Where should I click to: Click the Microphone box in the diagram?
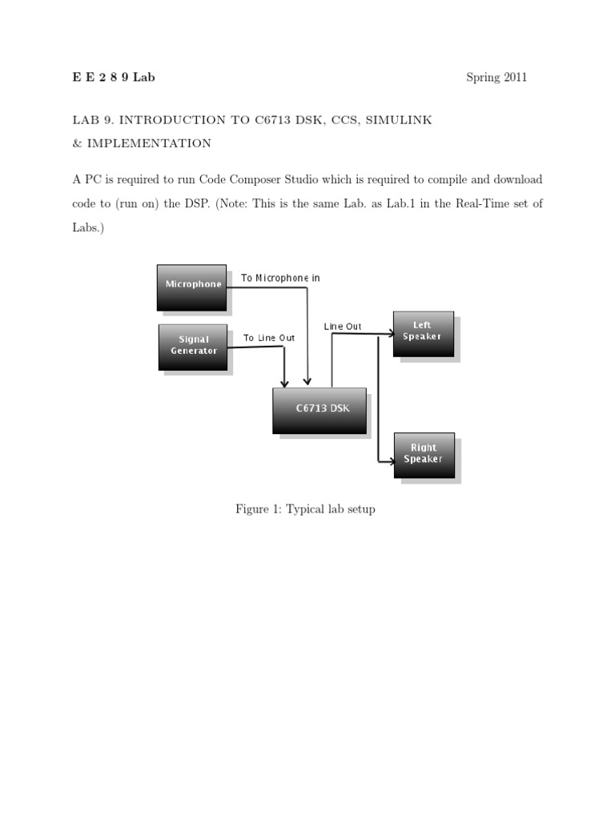[x=192, y=287]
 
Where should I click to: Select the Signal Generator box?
[x=193, y=347]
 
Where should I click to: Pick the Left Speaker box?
[x=423, y=332]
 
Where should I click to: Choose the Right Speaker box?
[x=424, y=455]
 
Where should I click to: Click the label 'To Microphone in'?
[x=280, y=278]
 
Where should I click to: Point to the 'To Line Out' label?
[x=269, y=338]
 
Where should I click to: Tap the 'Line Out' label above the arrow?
[x=343, y=327]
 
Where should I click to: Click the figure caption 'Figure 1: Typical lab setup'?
[x=305, y=509]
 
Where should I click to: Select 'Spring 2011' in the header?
[x=496, y=78]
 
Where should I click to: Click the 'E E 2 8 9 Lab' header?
[x=113, y=78]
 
